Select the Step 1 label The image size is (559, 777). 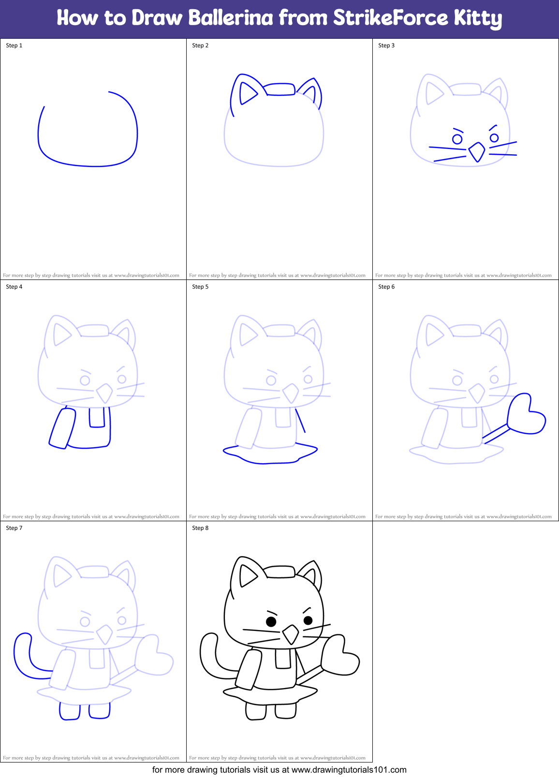click(14, 45)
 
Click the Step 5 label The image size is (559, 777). click(200, 287)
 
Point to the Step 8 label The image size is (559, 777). click(200, 528)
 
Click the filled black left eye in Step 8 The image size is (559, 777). click(271, 621)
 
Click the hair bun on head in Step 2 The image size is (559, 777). click(280, 89)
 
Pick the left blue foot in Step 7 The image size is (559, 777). click(70, 711)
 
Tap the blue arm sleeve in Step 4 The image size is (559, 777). click(62, 428)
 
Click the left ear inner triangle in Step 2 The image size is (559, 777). click(248, 93)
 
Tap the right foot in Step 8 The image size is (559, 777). click(285, 711)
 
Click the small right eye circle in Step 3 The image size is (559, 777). click(494, 138)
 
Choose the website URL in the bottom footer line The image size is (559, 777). click(349, 770)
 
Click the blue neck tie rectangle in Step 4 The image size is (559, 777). click(97, 417)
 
